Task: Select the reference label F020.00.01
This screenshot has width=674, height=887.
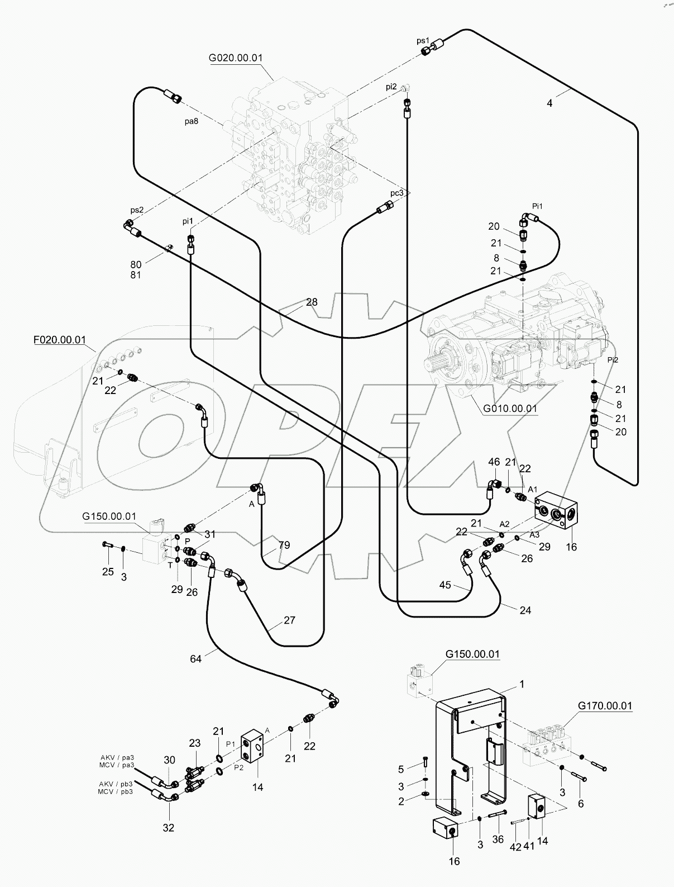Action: click(x=59, y=339)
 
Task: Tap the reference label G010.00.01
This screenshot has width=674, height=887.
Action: click(x=510, y=409)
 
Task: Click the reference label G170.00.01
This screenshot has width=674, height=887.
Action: click(x=605, y=706)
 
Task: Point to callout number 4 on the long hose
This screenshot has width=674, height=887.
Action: click(x=549, y=103)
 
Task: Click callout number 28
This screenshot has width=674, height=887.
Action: click(x=311, y=302)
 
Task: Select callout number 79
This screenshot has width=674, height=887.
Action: click(x=284, y=545)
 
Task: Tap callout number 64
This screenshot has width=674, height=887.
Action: click(x=195, y=659)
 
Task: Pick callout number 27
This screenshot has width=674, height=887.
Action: click(x=289, y=620)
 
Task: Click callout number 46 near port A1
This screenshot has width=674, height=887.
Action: click(x=494, y=462)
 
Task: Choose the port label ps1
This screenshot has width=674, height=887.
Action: click(x=423, y=41)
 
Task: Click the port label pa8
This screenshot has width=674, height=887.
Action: click(x=192, y=121)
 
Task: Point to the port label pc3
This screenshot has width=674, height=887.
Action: click(x=396, y=193)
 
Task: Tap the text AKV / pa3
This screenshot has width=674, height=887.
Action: click(x=117, y=758)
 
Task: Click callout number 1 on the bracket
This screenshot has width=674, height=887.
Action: click(x=522, y=684)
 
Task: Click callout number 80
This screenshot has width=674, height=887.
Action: click(x=136, y=264)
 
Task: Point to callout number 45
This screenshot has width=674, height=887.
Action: click(x=445, y=585)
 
